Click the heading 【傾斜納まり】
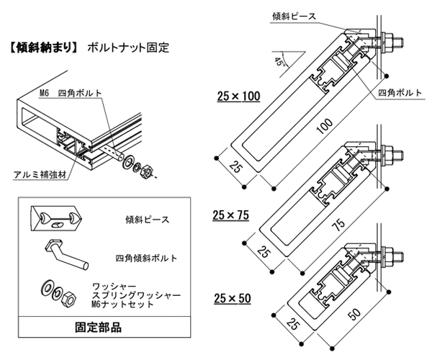tap(44, 48)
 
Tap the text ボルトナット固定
tap(128, 48)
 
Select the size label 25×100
tap(238, 96)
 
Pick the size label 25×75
tap(231, 215)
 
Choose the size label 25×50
tap(233, 298)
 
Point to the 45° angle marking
tap(279, 62)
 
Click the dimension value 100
tap(325, 126)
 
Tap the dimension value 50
tap(354, 314)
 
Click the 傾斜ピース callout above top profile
tap(294, 17)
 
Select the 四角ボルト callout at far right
tap(400, 93)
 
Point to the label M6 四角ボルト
tap(71, 93)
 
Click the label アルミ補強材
tap(40, 175)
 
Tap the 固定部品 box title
tap(98, 328)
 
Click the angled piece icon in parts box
tap(56, 217)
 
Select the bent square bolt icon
tap(66, 253)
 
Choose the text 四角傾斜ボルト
tap(146, 258)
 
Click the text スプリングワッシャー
tap(137, 295)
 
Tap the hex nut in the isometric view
tap(146, 171)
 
